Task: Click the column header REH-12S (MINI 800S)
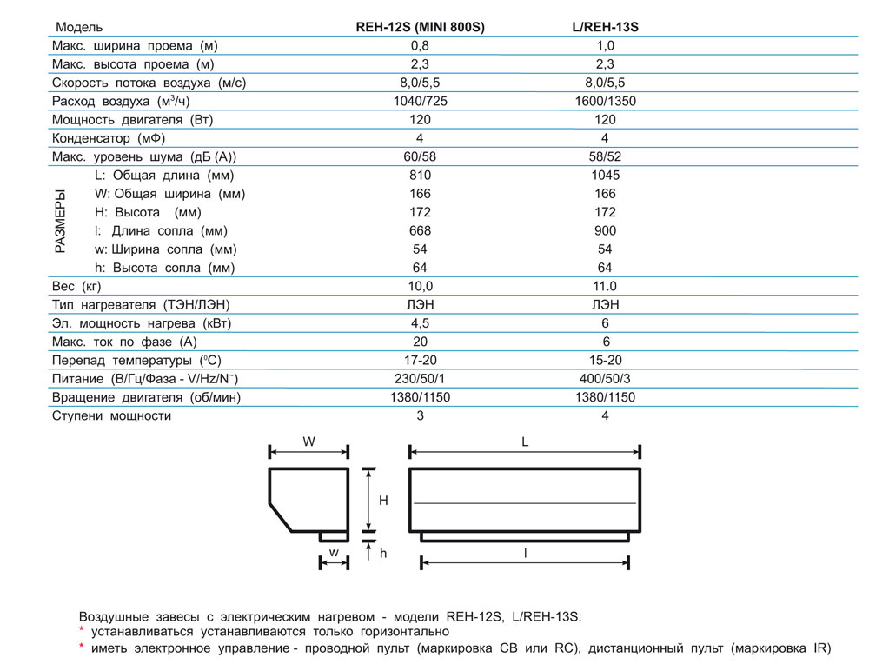click(x=421, y=27)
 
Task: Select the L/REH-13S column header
click(x=606, y=27)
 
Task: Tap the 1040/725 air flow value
click(x=421, y=101)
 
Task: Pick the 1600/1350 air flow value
click(x=606, y=101)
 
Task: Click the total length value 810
click(x=421, y=175)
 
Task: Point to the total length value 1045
click(x=606, y=175)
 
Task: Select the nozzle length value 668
click(x=421, y=230)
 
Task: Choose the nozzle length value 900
click(x=606, y=230)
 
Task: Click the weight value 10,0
click(x=421, y=286)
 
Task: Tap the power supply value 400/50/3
click(x=606, y=379)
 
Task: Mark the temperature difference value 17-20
click(x=421, y=360)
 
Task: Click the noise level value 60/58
click(x=421, y=156)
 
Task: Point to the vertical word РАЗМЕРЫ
click(x=60, y=222)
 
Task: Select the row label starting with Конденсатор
click(x=109, y=138)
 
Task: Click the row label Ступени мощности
click(x=112, y=415)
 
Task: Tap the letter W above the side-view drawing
click(x=308, y=442)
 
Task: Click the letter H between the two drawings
click(x=383, y=501)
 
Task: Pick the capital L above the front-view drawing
click(x=525, y=442)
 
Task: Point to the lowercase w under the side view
click(x=333, y=553)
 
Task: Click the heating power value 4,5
click(x=421, y=323)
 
